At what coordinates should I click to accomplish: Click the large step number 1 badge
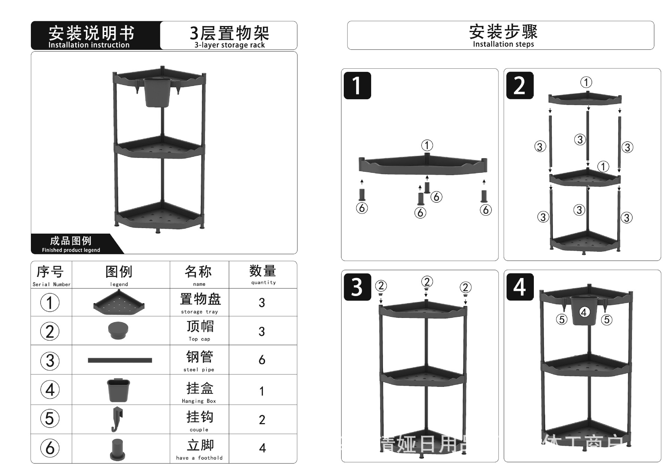point(357,86)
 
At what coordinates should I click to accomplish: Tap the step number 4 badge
point(520,287)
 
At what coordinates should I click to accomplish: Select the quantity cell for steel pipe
point(262,360)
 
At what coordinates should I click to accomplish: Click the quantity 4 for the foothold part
point(262,448)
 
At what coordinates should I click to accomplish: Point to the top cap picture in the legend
point(118,330)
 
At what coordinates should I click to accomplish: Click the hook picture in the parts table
point(117,419)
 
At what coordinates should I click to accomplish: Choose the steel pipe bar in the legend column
point(120,360)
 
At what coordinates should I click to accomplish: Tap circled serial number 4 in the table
point(50,390)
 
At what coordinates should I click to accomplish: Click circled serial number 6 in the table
point(50,448)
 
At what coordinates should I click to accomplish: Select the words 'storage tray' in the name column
point(199,312)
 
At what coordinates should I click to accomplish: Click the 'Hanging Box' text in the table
point(199,401)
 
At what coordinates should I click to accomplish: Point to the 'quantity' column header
point(263,283)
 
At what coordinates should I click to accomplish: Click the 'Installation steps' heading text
point(503,44)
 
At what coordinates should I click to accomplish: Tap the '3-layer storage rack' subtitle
point(229,45)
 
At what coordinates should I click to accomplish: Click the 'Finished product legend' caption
point(71,250)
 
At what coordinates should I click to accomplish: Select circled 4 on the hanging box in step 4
point(584,312)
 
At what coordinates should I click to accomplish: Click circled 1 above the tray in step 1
point(427,145)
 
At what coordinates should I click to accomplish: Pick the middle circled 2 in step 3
point(427,281)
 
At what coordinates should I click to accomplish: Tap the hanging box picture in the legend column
point(118,390)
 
